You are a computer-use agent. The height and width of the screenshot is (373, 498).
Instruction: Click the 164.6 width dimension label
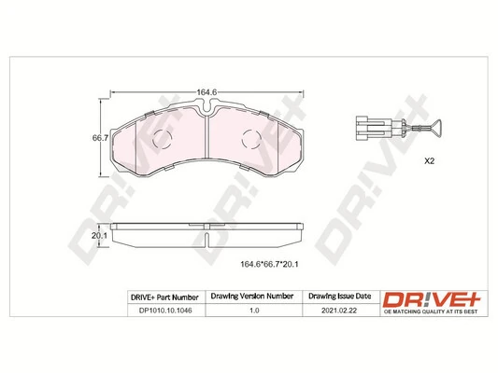(x=206, y=91)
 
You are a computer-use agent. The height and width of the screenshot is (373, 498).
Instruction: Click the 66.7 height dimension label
(x=94, y=137)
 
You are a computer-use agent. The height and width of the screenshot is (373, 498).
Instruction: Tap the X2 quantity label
(x=431, y=161)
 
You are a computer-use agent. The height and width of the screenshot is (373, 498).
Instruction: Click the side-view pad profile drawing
(x=206, y=231)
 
